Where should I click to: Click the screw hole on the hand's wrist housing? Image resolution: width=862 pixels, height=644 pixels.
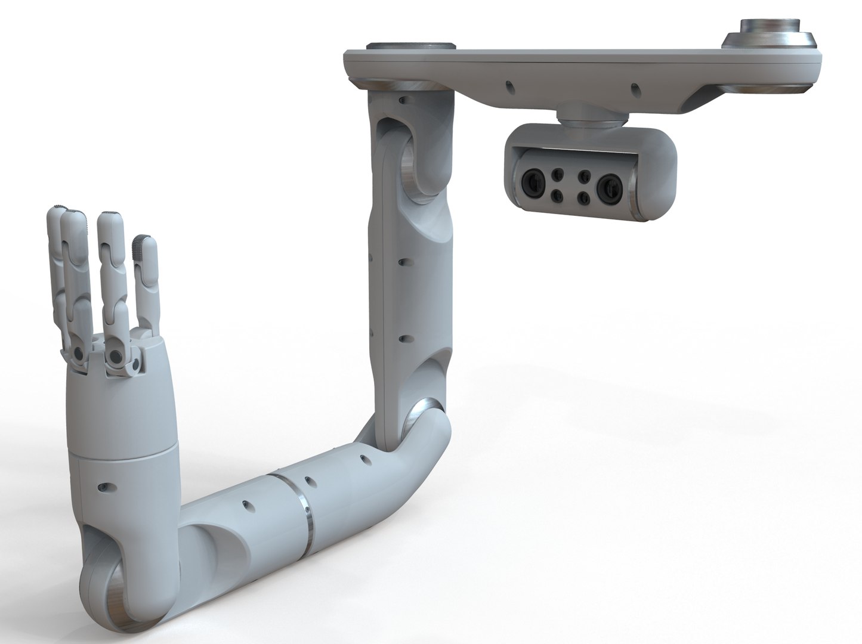tap(106, 488)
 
